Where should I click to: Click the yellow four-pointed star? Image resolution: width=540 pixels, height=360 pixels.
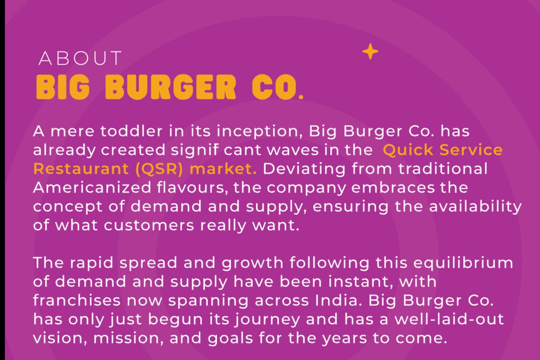click(370, 51)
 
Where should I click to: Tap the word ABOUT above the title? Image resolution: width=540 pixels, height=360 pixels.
click(80, 58)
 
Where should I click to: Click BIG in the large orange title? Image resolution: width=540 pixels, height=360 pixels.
click(63, 87)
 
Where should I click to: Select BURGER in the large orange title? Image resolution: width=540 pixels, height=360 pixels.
click(171, 87)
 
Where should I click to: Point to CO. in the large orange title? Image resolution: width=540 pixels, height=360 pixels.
click(277, 87)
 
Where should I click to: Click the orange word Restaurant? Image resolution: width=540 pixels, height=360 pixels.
click(81, 169)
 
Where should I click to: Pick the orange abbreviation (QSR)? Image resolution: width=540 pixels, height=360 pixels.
click(159, 169)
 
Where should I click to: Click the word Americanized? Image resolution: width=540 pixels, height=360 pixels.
click(92, 187)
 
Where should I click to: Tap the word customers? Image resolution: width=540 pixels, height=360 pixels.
click(149, 225)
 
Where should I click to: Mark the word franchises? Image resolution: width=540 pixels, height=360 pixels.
click(76, 300)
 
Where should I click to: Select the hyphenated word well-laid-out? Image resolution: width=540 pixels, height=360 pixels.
click(449, 319)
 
